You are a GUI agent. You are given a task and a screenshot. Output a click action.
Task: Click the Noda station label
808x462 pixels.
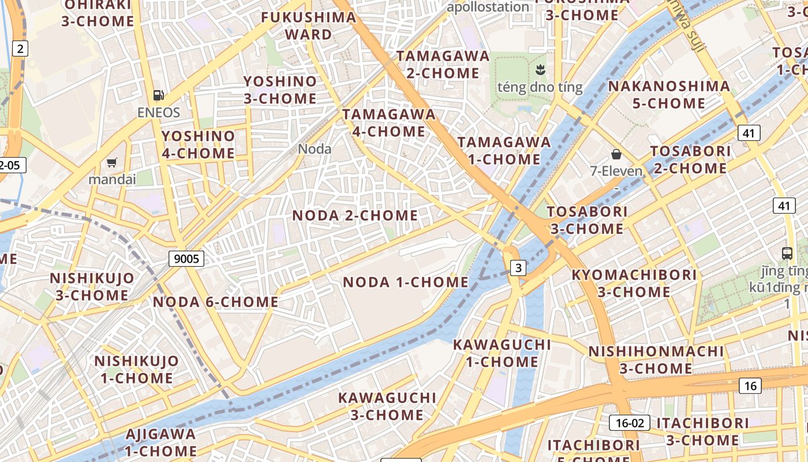[315, 149]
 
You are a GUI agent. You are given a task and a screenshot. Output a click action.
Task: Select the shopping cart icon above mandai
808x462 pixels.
[112, 163]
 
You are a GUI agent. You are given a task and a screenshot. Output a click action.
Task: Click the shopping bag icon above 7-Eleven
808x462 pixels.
[616, 154]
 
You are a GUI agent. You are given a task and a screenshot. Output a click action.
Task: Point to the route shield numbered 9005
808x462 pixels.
[186, 259]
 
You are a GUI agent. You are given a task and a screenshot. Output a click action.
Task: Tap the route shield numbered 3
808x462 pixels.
[518, 267]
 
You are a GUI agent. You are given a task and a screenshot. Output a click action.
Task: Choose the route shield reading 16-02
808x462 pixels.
[630, 423]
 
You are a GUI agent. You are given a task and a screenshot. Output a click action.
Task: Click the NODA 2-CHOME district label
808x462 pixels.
[355, 215]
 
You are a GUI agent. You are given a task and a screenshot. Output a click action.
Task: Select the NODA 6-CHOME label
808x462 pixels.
[216, 301]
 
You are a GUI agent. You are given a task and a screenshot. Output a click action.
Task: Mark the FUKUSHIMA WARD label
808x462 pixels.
[309, 25]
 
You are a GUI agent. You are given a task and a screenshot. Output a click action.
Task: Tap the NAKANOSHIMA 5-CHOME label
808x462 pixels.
[669, 95]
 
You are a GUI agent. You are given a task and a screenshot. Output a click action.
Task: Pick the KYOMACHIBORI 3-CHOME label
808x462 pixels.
[634, 283]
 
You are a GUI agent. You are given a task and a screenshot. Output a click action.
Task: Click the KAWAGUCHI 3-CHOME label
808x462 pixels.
[387, 406]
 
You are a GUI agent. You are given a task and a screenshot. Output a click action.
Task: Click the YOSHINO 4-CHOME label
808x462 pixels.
[199, 144]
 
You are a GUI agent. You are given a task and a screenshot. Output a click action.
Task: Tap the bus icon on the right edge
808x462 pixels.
[787, 253]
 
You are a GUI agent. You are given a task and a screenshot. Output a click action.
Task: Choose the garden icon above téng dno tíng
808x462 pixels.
[540, 70]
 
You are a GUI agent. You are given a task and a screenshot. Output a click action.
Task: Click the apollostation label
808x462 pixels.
[488, 7]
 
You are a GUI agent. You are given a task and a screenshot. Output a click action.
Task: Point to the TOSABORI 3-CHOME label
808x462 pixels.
[587, 220]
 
